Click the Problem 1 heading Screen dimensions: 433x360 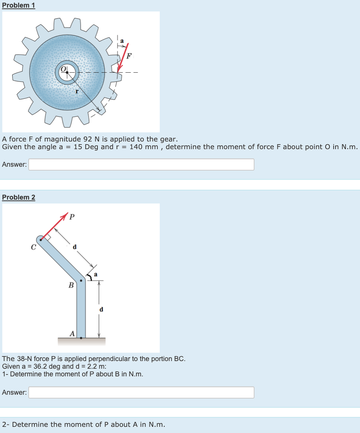(18, 6)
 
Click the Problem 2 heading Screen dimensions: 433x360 (18, 197)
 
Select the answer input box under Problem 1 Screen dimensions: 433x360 (141, 164)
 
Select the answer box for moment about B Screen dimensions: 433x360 (141, 392)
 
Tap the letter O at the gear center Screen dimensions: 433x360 (64, 69)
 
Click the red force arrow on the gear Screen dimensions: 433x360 (123, 57)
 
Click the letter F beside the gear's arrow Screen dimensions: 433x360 (129, 55)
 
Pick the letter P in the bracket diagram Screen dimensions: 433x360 (72, 217)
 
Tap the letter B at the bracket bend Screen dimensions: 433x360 (71, 285)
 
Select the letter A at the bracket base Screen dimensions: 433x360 (72, 333)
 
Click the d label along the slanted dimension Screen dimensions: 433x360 (75, 247)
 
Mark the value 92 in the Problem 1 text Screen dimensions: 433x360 (87, 139)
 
